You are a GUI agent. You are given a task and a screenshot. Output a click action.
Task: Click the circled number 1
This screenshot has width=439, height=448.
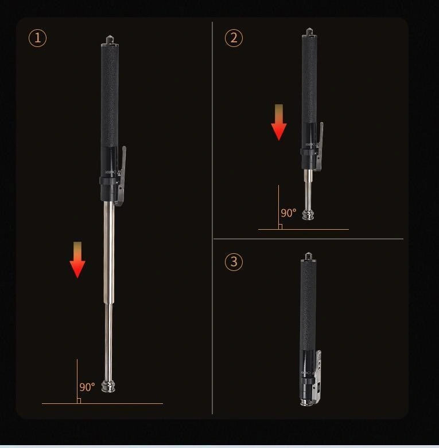pyautogui.click(x=37, y=38)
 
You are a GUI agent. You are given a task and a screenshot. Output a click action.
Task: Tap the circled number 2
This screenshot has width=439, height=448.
pyautogui.click(x=234, y=38)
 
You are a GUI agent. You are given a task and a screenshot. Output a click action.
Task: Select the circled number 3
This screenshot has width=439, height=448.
pyautogui.click(x=234, y=262)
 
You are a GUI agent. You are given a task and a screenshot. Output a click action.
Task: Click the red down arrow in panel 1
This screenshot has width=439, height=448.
pyautogui.click(x=77, y=261)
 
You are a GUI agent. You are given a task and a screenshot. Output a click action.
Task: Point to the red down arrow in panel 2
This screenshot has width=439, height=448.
pyautogui.click(x=279, y=123)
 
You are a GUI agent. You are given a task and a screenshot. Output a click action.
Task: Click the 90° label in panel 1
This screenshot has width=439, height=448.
pyautogui.click(x=87, y=387)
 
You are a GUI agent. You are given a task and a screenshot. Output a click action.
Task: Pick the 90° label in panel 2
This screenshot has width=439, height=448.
pyautogui.click(x=289, y=213)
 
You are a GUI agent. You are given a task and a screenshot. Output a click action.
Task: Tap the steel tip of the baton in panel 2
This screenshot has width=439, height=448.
pyautogui.click(x=309, y=215)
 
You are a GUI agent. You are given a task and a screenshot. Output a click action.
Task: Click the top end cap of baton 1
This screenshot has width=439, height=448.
pyautogui.click(x=109, y=40)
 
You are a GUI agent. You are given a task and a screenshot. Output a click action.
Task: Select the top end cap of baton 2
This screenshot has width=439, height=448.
pyautogui.click(x=309, y=32)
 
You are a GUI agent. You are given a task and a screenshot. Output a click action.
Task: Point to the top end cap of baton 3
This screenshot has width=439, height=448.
pyautogui.click(x=309, y=256)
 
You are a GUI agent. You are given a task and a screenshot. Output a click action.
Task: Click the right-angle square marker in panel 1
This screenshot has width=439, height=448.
pyautogui.click(x=79, y=400)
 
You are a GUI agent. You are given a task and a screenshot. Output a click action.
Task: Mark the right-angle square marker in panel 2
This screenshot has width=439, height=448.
pyautogui.click(x=280, y=227)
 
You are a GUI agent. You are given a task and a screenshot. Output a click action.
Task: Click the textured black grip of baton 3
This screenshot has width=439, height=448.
pyautogui.click(x=308, y=304)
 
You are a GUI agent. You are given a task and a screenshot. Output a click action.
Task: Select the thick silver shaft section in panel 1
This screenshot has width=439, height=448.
pyautogui.click(x=109, y=252)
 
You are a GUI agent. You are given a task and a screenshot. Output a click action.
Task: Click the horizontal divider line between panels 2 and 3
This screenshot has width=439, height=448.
pyautogui.click(x=308, y=239)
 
